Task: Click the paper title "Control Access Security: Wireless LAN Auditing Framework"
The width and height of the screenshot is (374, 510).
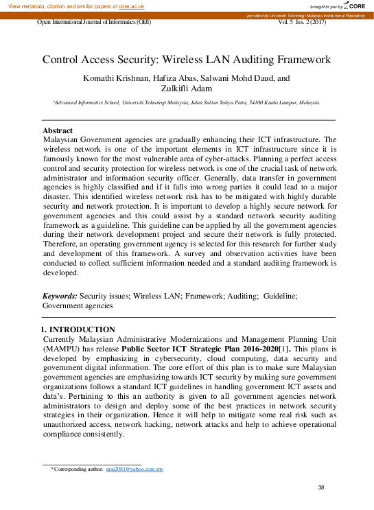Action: tap(187, 60)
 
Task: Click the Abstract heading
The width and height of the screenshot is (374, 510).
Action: tap(58, 130)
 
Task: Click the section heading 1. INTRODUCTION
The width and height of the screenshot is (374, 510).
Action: tap(79, 330)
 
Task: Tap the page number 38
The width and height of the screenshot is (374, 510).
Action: tap(321, 487)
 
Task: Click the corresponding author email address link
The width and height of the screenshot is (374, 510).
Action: tap(134, 469)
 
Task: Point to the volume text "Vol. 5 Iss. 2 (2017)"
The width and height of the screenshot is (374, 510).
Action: tap(302, 22)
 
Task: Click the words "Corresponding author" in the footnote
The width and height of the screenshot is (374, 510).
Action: tap(78, 469)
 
